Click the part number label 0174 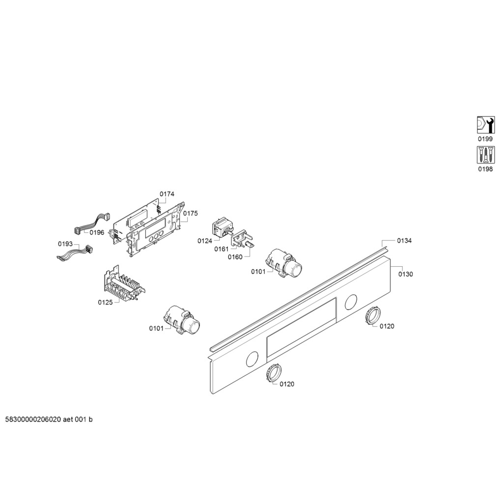pos(167,194)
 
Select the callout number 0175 pos(191,213)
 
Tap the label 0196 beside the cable pos(97,232)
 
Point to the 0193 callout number pos(65,244)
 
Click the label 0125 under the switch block pos(105,303)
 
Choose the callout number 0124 pos(205,241)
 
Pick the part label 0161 pos(222,249)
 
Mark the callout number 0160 pos(235,257)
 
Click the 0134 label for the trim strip pos(404,241)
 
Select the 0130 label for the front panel pos(405,274)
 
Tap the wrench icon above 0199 pos(485,125)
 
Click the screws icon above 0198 pos(485,155)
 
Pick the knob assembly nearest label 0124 pos(284,263)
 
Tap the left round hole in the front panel pos(252,359)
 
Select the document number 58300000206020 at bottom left pos(33,419)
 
